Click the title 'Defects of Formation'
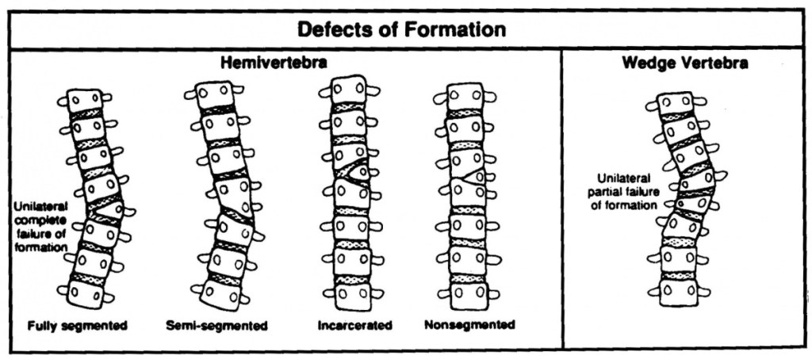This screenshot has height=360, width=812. tap(401, 30)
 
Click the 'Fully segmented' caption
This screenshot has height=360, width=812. tap(78, 325)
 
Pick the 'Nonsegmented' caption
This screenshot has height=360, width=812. tap(469, 325)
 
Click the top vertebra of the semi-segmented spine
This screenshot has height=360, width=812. tap(213, 94)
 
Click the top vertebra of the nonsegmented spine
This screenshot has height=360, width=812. tap(467, 97)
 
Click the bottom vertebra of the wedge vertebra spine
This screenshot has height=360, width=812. tap(678, 290)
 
